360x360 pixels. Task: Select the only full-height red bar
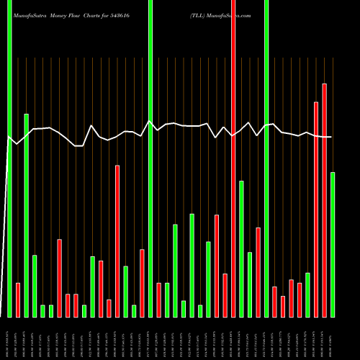pos(233,158)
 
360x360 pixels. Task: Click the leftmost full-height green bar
pos(10,158)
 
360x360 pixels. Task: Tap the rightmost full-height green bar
pos(266,158)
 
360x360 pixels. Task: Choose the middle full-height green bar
pos(150,158)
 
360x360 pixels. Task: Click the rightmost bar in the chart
pos(333,245)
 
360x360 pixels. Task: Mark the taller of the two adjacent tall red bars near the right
pos(325,200)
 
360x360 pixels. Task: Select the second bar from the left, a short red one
pos(18,300)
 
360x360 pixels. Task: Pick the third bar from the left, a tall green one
pos(27,215)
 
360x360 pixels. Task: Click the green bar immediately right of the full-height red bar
pos(242,248)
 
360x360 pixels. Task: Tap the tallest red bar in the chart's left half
pos(117,241)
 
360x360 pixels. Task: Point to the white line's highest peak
pos(150,121)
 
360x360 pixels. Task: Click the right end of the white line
pos(331,137)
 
